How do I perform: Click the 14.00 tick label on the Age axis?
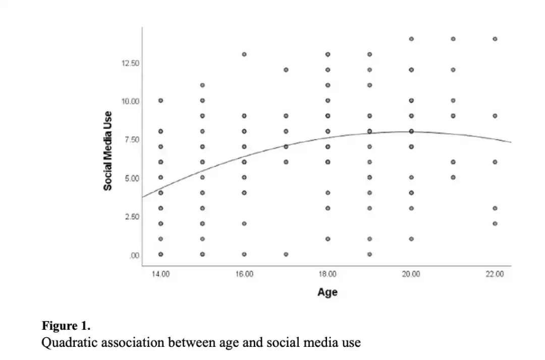[x=160, y=274]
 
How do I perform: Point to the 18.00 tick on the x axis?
[x=328, y=274]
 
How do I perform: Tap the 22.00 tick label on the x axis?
[x=495, y=274]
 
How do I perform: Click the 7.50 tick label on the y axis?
[x=131, y=140]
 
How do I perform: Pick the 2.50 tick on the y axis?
[x=131, y=216]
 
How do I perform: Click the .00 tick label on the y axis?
[x=134, y=255]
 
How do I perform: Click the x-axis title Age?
[x=328, y=292]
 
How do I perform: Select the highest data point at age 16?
[x=244, y=54]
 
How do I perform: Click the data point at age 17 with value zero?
[x=286, y=254]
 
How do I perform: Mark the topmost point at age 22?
[x=495, y=39]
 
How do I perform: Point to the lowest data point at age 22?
[x=495, y=223]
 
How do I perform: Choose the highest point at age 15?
[x=202, y=85]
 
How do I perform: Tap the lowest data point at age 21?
[x=453, y=177]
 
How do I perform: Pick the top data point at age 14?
[x=160, y=100]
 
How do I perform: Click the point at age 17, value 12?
[x=286, y=70]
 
